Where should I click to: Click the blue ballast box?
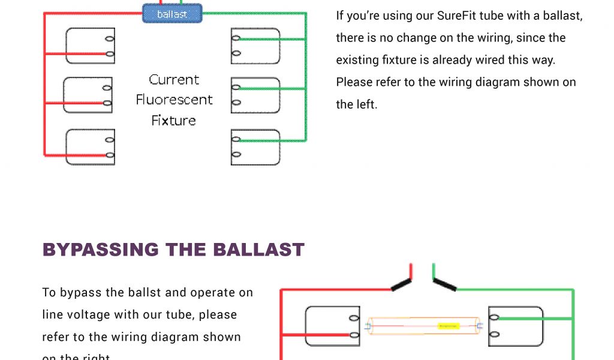point(172,13)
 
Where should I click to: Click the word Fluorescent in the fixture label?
point(174,100)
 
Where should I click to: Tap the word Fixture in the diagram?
point(173,121)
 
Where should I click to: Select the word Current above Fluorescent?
point(174,79)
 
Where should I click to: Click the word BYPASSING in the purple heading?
point(101,250)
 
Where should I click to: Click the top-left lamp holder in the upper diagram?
point(90,46)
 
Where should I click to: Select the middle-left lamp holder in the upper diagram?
point(88,95)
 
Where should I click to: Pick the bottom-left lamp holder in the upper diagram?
point(90,146)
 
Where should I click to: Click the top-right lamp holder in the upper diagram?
point(255,46)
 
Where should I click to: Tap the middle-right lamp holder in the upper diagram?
point(255,95)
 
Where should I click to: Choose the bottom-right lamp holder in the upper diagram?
point(255,146)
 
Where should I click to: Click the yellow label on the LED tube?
point(448,326)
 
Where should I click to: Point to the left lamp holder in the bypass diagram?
point(332,326)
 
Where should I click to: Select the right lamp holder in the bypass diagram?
point(516,326)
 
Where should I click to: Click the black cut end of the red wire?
point(401,285)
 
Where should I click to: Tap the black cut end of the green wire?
point(444,284)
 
